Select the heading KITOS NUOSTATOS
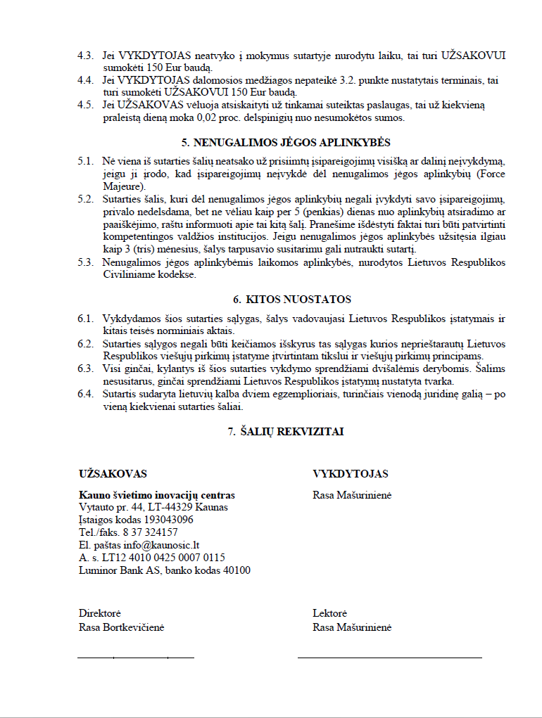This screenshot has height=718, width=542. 291,300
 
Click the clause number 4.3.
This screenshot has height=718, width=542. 85,55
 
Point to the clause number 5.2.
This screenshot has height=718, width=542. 85,199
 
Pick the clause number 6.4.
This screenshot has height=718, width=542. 85,394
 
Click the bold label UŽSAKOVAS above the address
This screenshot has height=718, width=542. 113,474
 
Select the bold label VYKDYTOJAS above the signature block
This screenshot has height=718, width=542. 351,474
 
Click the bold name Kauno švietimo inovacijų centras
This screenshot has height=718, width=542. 157,495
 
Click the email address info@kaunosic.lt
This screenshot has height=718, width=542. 161,545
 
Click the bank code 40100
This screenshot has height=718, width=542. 236,570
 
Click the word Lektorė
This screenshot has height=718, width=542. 330,614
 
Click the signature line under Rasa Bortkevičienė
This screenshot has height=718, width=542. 135,658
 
